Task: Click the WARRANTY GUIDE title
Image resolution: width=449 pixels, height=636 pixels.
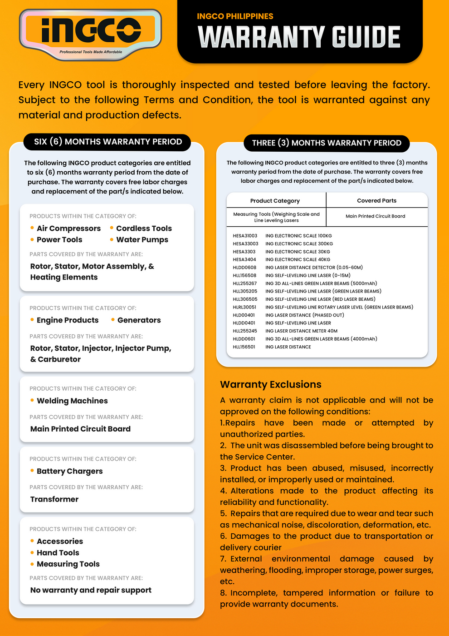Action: coord(299,37)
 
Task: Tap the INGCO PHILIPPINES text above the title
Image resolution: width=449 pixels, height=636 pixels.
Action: coord(235,16)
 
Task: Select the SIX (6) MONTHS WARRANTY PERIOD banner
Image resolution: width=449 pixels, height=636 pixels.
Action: coord(108,142)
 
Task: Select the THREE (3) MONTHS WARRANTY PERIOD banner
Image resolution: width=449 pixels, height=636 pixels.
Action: coord(327,143)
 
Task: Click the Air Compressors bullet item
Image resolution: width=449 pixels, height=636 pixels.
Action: coord(68,229)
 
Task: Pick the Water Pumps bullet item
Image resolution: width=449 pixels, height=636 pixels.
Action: coord(142,240)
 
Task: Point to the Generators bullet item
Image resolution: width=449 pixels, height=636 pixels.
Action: coord(139,320)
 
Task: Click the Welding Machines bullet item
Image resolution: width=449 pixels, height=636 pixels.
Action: coord(72,401)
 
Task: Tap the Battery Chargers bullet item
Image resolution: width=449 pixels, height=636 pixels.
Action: coord(69,472)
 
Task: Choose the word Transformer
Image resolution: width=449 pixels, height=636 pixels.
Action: coord(54,499)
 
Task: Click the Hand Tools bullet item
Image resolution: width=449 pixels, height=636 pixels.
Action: coord(58,553)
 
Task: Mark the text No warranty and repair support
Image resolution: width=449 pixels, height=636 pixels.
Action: coord(91,590)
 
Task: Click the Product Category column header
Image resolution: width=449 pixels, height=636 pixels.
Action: coord(275,201)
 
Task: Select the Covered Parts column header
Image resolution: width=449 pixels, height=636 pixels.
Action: coord(376,201)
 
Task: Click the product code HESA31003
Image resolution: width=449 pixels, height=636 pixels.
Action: coord(245,236)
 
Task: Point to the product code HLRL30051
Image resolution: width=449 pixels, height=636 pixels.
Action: coord(244,307)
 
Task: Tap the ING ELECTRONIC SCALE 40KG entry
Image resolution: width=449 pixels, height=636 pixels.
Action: coord(298,259)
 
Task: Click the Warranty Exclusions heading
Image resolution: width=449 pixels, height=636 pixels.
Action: coord(271,385)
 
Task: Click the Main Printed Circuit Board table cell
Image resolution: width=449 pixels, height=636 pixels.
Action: coord(376,216)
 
